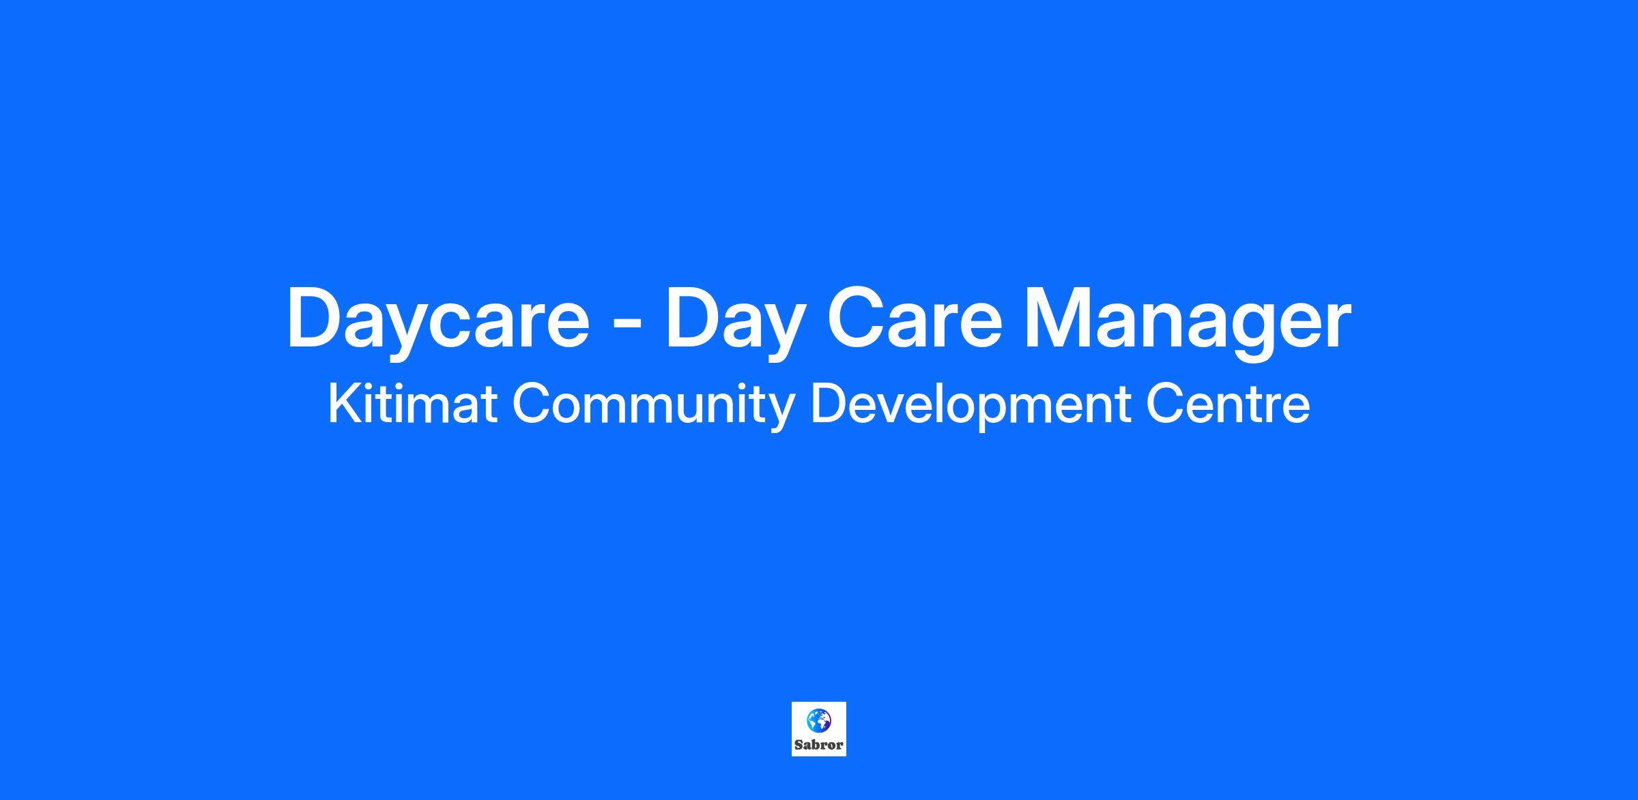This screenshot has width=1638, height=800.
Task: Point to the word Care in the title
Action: (x=915, y=318)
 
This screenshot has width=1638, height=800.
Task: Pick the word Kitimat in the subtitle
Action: (x=412, y=404)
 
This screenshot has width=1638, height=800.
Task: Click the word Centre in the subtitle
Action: (x=1228, y=404)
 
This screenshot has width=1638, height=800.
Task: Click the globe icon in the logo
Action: (x=819, y=720)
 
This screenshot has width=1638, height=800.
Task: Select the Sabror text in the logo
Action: (x=819, y=745)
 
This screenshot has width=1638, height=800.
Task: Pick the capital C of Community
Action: (x=531, y=404)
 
